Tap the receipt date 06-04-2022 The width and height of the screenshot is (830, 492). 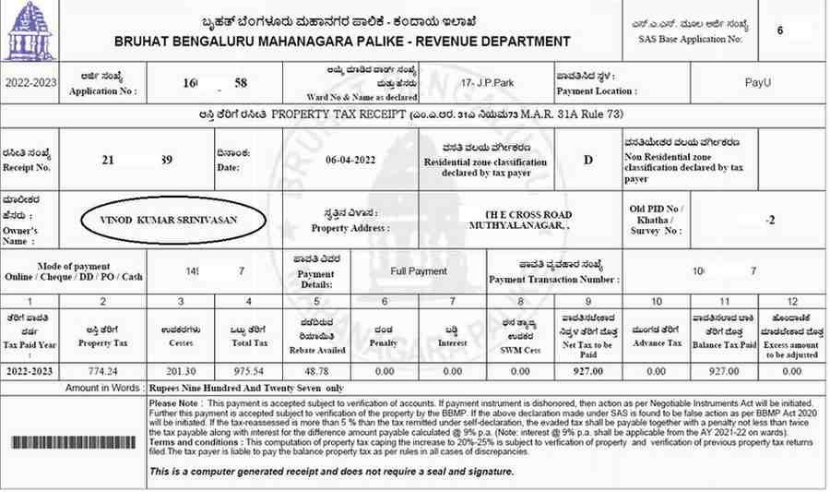pos(351,158)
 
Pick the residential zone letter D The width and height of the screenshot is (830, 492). pos(588,159)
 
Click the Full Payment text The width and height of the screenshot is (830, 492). pos(418,271)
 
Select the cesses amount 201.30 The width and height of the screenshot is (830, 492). pos(181,371)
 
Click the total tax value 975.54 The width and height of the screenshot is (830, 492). pos(248,371)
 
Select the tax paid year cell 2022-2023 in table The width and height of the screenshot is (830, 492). pos(30,371)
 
